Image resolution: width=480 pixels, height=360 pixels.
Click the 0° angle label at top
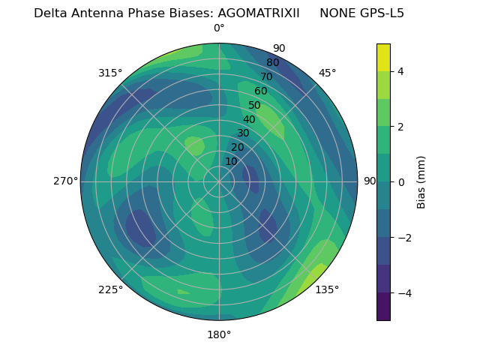coord(219,28)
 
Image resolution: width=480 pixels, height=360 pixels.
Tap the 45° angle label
coord(327,73)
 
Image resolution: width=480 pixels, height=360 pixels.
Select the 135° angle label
coord(327,289)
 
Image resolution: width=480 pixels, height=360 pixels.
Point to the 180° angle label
coord(219,334)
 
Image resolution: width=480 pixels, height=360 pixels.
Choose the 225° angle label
coord(110,289)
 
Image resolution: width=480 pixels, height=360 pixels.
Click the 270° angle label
coord(65,181)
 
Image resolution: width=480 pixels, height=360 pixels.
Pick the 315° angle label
coord(110,73)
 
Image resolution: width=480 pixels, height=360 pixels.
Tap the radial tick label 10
coord(231,161)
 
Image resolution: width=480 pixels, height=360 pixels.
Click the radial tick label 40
coord(249,119)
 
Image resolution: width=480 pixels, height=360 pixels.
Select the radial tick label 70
coord(266,76)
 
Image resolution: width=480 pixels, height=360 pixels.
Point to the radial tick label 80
coord(272,63)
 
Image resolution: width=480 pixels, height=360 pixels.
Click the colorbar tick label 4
coord(401,71)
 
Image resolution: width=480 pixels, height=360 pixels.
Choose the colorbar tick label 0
coord(401,182)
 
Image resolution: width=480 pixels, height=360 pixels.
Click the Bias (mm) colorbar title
coord(421,182)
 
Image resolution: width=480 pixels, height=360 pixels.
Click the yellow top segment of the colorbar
coord(383,57)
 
